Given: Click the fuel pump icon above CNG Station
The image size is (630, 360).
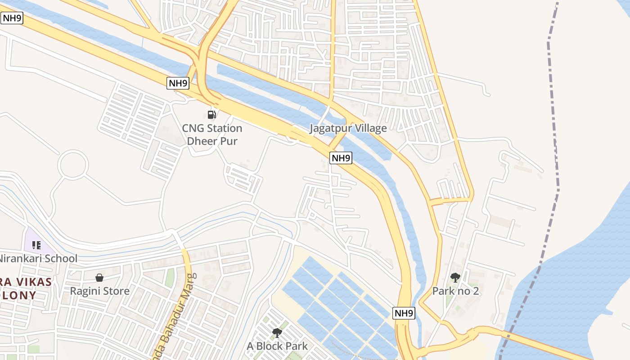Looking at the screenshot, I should click(212, 114).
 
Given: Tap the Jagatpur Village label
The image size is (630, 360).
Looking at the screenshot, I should click(348, 128).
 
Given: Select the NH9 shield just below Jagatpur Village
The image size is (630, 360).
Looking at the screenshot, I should click(341, 158).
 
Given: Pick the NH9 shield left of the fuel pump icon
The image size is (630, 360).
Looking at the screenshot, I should click(178, 83).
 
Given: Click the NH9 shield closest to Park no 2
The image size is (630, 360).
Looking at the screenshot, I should click(403, 313).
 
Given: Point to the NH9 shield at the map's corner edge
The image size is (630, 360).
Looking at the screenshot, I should click(12, 18).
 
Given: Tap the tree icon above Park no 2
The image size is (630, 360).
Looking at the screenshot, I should click(455, 278).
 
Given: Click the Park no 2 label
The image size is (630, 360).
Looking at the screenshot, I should click(455, 291).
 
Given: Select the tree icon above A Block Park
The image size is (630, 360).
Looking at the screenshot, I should click(277, 333).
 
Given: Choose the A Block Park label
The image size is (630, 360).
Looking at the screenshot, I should click(277, 346).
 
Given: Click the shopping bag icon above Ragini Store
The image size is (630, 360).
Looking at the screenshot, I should click(99, 278).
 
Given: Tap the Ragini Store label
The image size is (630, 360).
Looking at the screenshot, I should click(99, 291).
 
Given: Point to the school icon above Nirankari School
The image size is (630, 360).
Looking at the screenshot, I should click(36, 245).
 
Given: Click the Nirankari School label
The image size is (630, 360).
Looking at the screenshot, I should click(38, 259).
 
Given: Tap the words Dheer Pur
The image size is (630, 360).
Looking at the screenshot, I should click(212, 141).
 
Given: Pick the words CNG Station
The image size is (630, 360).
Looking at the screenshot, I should click(212, 128).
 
